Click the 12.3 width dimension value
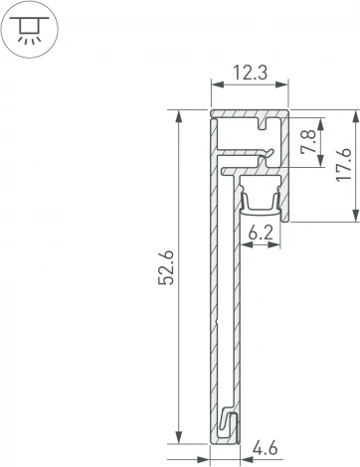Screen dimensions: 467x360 249,72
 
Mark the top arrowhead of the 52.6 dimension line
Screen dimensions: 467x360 180,116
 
